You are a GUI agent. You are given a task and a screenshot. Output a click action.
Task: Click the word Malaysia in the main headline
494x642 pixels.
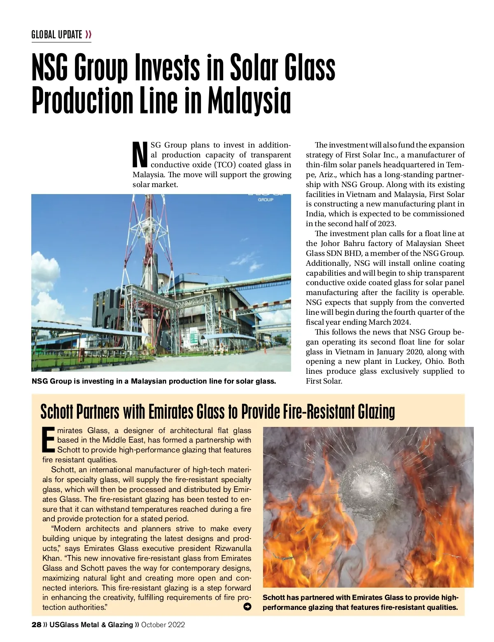click(249, 101)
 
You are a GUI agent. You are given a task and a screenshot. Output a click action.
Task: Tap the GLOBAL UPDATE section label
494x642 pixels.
click(57, 35)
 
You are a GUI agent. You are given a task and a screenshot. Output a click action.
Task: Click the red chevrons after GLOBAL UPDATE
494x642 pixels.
click(88, 35)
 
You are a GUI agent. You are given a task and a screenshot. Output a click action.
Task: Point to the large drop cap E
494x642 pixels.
click(49, 439)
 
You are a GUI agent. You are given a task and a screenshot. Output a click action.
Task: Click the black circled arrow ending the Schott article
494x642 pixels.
click(247, 607)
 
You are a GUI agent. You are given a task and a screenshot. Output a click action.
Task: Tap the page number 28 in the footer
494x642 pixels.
click(36, 625)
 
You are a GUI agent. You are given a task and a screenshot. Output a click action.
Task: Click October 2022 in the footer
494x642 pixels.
click(163, 625)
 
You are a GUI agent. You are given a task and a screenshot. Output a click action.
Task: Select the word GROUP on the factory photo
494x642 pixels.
click(266, 200)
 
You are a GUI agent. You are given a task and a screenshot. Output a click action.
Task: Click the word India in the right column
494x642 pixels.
click(315, 214)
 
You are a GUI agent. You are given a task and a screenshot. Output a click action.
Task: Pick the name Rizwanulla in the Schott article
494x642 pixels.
click(233, 548)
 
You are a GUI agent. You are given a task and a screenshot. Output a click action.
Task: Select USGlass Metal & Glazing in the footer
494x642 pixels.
click(91, 625)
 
